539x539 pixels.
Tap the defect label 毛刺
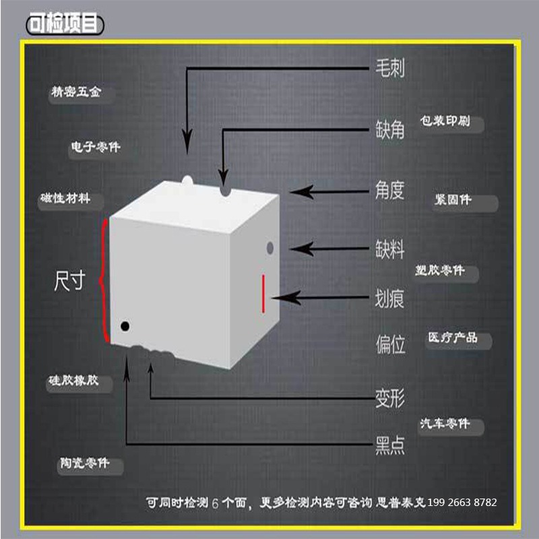[x=390, y=67]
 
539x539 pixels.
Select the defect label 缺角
[x=390, y=129]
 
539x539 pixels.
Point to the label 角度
[x=390, y=190]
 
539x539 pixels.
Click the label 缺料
[x=390, y=249]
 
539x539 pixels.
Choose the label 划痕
[x=390, y=298]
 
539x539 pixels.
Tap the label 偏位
[x=390, y=344]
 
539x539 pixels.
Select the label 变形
[x=390, y=398]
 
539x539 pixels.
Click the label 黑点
[x=390, y=445]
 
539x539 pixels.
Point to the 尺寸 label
[x=69, y=280]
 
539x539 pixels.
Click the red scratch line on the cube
[x=263, y=294]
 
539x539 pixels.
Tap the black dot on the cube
[x=125, y=326]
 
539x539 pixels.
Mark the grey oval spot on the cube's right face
[x=270, y=248]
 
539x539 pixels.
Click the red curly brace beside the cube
[x=102, y=280]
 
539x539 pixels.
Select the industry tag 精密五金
[x=76, y=92]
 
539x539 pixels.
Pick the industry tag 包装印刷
[x=445, y=121]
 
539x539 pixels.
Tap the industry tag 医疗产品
[x=453, y=338]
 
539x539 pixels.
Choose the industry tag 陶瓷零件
[x=85, y=463]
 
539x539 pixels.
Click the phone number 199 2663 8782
[x=462, y=503]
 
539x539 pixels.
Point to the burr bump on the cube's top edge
[x=187, y=181]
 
